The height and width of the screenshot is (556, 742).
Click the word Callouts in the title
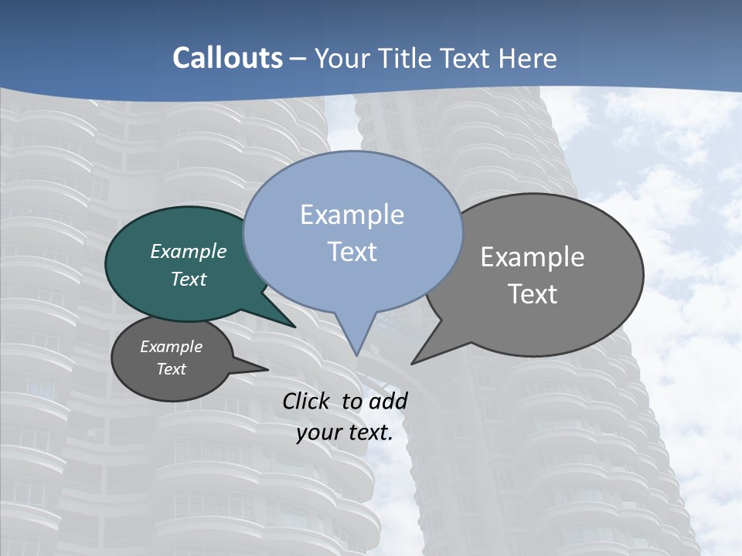(228, 59)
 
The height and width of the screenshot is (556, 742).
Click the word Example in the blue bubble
(352, 215)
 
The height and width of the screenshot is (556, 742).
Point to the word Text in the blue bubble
(352, 252)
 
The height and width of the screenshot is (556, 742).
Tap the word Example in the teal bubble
(189, 251)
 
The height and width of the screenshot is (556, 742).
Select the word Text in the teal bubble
(189, 279)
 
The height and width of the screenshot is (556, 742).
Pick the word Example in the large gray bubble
(533, 257)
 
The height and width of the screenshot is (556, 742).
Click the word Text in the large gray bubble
(533, 294)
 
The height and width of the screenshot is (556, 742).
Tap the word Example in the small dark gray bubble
(172, 347)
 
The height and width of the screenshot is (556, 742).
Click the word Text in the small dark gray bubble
(172, 369)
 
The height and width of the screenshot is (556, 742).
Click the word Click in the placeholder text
(307, 401)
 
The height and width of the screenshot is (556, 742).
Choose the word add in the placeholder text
(388, 401)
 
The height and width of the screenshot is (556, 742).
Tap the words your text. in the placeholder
(345, 432)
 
